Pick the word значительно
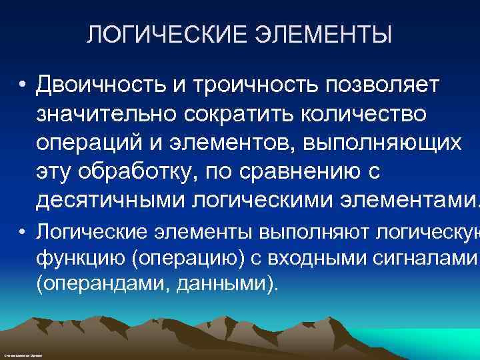point(107,114)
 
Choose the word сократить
point(236,114)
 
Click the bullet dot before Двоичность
point(23,85)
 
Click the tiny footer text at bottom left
point(23,356)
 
